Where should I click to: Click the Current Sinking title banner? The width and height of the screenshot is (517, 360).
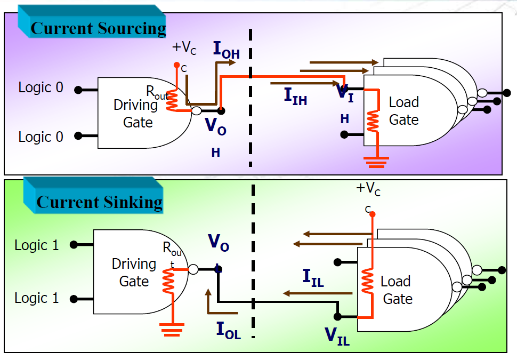pyautogui.click(x=99, y=202)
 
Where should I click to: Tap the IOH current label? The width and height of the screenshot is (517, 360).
pyautogui.click(x=226, y=49)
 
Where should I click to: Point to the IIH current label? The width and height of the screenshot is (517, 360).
pyautogui.click(x=295, y=96)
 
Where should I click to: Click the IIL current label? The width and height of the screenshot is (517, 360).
pyautogui.click(x=313, y=277)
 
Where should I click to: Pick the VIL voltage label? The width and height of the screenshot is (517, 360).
pyautogui.click(x=337, y=336)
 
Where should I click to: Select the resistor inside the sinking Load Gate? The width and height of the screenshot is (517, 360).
pyautogui.click(x=367, y=282)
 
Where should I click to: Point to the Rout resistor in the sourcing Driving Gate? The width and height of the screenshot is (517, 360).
pyautogui.click(x=172, y=101)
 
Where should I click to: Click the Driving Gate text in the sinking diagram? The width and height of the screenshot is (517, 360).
pyautogui.click(x=134, y=273)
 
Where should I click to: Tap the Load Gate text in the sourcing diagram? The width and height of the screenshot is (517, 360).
pyautogui.click(x=403, y=110)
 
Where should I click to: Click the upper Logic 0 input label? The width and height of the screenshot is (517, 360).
pyautogui.click(x=41, y=87)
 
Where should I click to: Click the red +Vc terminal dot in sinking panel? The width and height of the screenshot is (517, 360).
pyautogui.click(x=372, y=214)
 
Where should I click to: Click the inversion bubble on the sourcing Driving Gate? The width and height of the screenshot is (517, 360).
pyautogui.click(x=197, y=110)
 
